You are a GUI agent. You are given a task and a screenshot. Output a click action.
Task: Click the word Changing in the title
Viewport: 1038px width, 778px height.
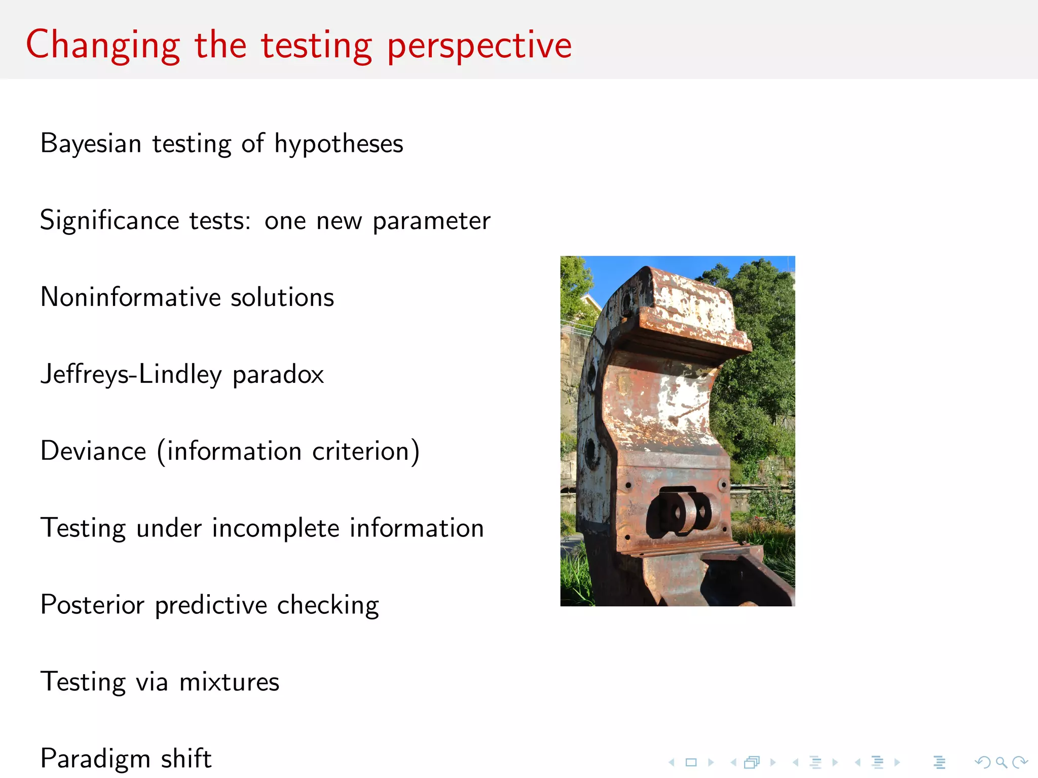click(x=103, y=46)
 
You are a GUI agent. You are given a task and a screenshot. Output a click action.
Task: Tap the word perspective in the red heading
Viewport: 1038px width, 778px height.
click(x=479, y=46)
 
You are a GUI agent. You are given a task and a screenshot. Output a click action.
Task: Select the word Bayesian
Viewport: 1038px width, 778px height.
click(x=91, y=143)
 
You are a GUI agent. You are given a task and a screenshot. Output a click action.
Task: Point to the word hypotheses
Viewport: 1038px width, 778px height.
click(x=339, y=143)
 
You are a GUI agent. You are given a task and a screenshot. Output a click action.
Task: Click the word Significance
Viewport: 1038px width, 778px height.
click(x=109, y=220)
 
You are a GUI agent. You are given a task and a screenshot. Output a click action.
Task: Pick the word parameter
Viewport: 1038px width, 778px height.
click(x=431, y=221)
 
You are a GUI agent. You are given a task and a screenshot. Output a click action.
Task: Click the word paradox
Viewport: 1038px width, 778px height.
click(x=278, y=375)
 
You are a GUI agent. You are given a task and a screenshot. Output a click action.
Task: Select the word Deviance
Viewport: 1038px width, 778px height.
click(x=93, y=451)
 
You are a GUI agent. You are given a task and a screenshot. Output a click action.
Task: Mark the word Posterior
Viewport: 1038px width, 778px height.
click(x=92, y=605)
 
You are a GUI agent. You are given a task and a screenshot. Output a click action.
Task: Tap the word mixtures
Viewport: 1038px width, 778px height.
click(x=229, y=682)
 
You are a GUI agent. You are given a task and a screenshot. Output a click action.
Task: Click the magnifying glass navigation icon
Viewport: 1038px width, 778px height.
click(x=1000, y=762)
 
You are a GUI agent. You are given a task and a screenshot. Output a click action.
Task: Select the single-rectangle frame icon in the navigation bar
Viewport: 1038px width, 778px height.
click(x=691, y=762)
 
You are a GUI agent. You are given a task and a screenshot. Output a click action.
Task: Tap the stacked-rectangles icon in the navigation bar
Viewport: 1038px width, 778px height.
click(x=752, y=762)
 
